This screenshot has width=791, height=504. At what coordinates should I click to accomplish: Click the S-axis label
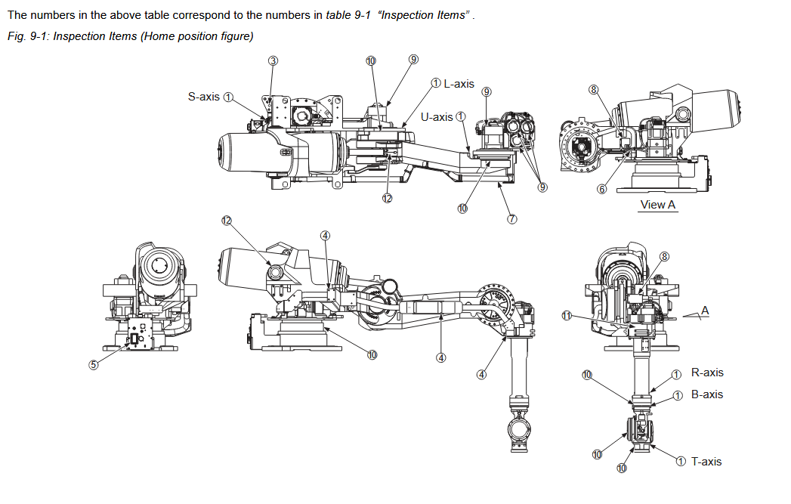tap(203, 97)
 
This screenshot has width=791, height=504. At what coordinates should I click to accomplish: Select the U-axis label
tap(437, 116)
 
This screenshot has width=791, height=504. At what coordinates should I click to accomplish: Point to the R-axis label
tap(707, 373)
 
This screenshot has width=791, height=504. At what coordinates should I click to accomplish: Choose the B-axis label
tap(707, 394)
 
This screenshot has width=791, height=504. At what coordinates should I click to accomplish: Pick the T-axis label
tap(706, 461)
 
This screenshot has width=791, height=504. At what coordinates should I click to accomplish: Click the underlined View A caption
tap(658, 205)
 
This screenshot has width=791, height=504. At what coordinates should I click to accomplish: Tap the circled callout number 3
tap(273, 60)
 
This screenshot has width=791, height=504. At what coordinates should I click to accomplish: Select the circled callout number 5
tap(94, 364)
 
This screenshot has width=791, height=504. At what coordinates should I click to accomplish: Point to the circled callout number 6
tap(602, 189)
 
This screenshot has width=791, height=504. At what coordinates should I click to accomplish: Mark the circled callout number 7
tap(511, 219)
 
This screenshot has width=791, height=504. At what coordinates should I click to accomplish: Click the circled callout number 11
tap(566, 317)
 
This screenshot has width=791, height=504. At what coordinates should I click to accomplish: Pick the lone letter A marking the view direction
tap(705, 311)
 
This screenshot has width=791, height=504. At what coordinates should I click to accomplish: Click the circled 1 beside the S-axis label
tap(229, 97)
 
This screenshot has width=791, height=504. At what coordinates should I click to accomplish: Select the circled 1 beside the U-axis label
tap(461, 116)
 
